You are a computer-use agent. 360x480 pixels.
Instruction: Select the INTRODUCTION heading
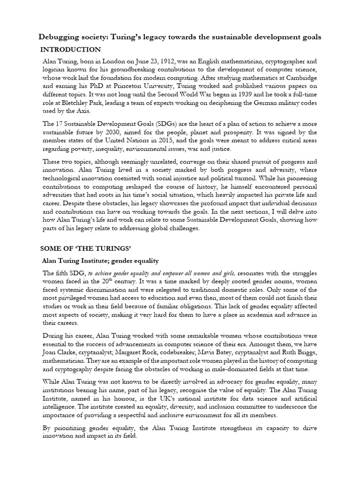70,49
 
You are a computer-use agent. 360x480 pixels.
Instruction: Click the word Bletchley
72,103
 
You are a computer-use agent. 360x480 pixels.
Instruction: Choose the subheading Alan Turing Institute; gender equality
101,260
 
